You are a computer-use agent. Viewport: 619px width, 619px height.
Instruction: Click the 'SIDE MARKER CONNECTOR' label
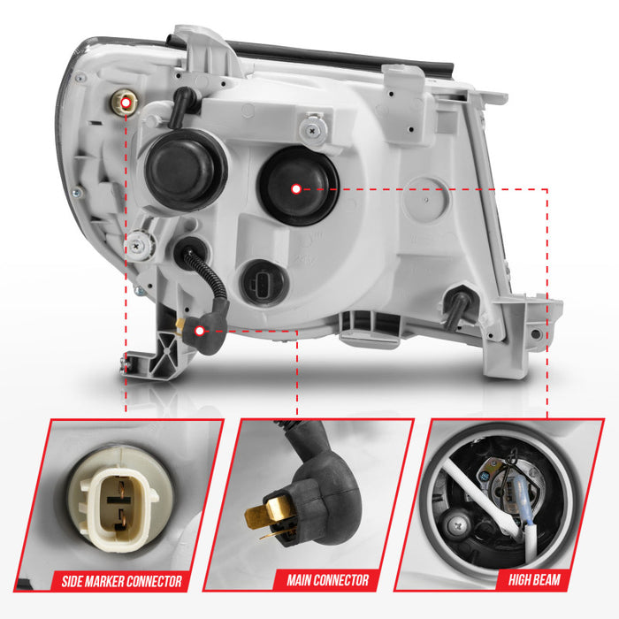122,581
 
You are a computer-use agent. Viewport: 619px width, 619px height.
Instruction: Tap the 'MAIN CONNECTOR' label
328,580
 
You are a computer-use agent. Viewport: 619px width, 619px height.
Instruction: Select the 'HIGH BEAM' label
534,579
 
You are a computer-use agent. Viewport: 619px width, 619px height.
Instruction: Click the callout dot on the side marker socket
126,103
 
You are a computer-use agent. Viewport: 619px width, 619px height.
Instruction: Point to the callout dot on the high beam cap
296,189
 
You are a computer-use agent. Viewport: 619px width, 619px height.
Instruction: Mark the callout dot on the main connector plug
200,331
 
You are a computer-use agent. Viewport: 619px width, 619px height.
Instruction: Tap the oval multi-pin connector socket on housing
264,283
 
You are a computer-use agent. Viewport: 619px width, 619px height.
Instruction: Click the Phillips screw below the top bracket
313,130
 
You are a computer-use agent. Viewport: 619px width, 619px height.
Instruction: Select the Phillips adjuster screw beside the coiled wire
136,246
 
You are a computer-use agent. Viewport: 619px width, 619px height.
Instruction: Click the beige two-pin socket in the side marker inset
118,501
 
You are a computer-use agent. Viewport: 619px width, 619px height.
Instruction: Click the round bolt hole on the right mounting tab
535,334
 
